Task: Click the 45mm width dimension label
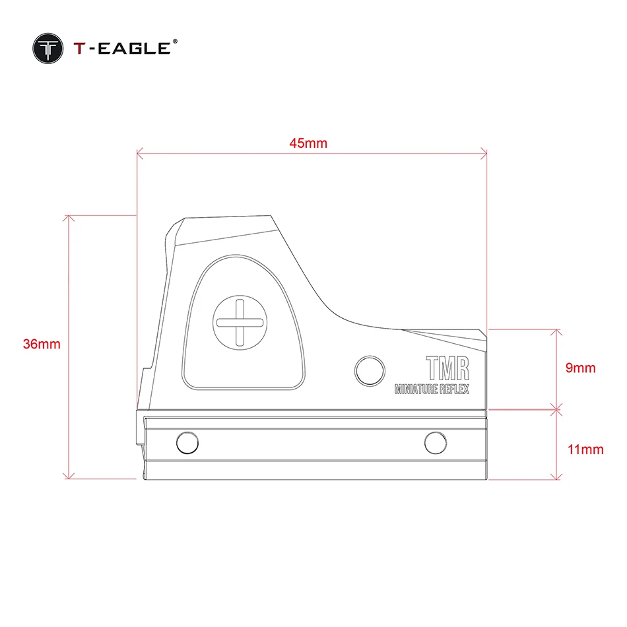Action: [308, 143]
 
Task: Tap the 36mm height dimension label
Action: [42, 344]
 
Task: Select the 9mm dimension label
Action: [580, 368]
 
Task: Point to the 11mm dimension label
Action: [585, 449]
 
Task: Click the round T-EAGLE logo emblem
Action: [48, 48]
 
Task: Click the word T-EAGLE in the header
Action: [122, 48]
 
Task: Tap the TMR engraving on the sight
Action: [447, 368]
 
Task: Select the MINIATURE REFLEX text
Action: [432, 389]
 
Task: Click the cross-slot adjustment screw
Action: [240, 323]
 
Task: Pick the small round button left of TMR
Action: [370, 371]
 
